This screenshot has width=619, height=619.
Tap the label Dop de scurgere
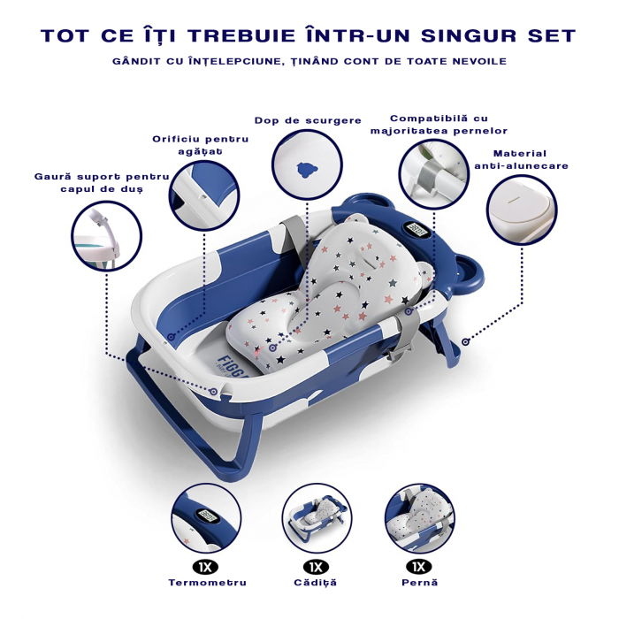pyautogui.click(x=308, y=120)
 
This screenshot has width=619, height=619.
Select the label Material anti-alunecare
pyautogui.click(x=521, y=159)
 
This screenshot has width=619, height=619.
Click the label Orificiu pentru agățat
pyautogui.click(x=200, y=145)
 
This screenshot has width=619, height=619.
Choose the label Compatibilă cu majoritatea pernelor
pyautogui.click(x=439, y=125)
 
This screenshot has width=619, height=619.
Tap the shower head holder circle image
pyautogui.click(x=107, y=236)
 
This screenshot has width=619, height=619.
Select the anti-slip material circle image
pyautogui.click(x=522, y=208)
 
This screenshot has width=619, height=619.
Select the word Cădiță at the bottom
pyautogui.click(x=315, y=583)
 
